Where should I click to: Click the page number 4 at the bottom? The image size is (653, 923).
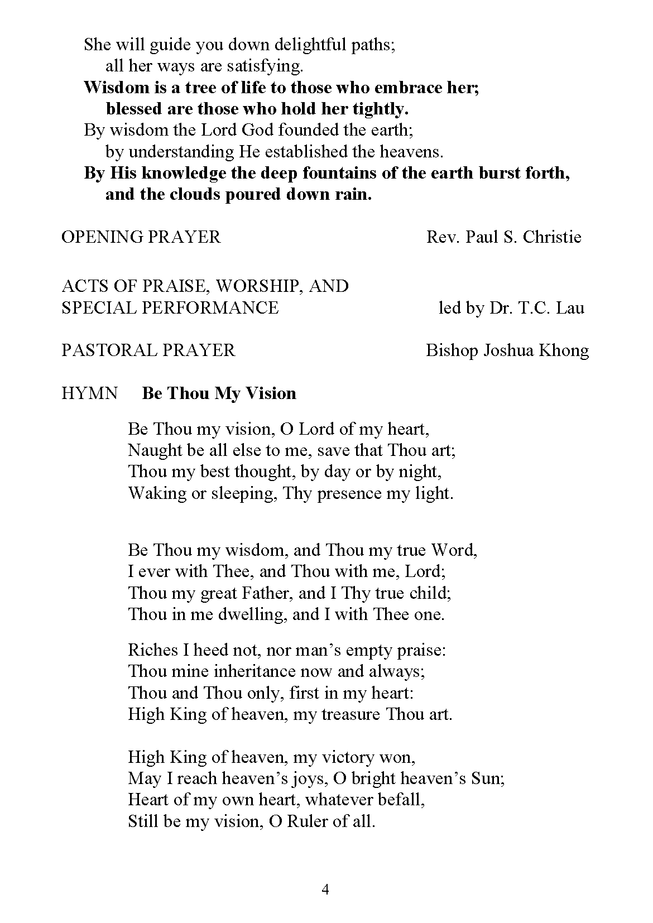[325, 890]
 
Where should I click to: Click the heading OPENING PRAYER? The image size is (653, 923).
[141, 237]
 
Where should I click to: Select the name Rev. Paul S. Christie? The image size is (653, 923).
[503, 237]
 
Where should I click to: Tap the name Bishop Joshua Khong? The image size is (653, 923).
[507, 350]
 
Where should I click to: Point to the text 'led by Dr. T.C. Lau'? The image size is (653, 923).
[511, 307]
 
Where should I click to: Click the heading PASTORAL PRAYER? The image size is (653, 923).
[148, 350]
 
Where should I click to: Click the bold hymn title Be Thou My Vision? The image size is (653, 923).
[219, 393]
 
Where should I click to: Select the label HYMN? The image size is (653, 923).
[89, 393]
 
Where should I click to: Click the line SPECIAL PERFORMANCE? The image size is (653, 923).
[170, 307]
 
